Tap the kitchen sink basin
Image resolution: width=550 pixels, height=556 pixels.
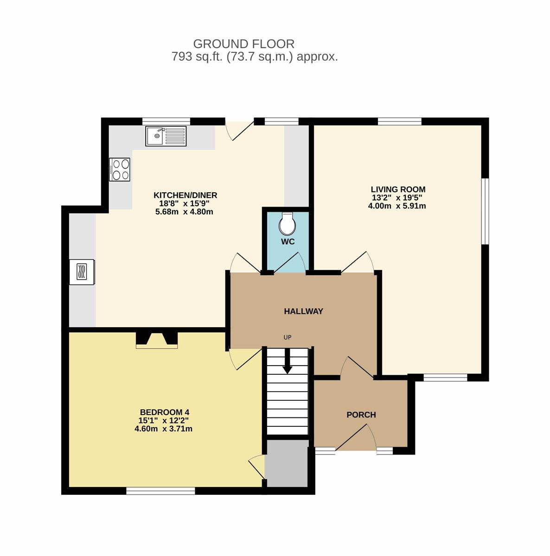tap(156, 136)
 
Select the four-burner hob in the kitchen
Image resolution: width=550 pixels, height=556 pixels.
tap(120, 170)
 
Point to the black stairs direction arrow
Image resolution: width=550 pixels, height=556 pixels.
tap(288, 361)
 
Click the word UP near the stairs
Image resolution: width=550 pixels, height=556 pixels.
tap(288, 337)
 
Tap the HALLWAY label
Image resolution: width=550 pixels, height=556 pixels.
tap(304, 311)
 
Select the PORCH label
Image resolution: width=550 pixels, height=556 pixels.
tap(361, 415)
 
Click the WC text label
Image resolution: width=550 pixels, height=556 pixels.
tap(288, 241)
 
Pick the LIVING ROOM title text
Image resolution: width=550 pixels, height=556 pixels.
tap(398, 190)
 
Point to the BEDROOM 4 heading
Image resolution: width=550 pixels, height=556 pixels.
tap(165, 412)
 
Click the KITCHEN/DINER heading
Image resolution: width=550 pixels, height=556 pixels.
tap(185, 196)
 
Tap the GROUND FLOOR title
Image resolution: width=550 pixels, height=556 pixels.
tap(244, 44)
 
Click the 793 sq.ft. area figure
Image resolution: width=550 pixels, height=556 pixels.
tap(197, 57)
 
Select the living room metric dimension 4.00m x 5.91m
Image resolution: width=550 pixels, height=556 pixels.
tap(397, 206)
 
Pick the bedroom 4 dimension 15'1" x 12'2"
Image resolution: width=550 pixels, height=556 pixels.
tap(164, 420)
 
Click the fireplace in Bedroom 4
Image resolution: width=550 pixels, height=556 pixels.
tap(157, 340)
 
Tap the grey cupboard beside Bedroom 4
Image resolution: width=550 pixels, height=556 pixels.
tap(287, 463)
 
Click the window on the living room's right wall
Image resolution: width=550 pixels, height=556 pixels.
tap(486, 211)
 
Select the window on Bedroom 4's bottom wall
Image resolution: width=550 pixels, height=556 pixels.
tap(160, 491)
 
